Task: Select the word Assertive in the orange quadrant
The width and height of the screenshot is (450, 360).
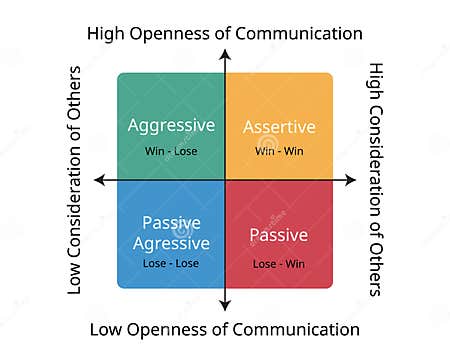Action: pyautogui.click(x=279, y=127)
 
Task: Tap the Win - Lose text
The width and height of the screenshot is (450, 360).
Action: pyautogui.click(x=172, y=151)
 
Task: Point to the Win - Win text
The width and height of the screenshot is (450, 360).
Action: pyautogui.click(x=279, y=151)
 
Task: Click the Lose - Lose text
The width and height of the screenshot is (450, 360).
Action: pyautogui.click(x=172, y=264)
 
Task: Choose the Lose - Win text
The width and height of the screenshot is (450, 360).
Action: pyautogui.click(x=279, y=264)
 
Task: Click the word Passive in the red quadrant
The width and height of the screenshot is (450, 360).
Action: pyautogui.click(x=279, y=236)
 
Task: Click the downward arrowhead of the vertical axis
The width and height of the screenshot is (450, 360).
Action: pyautogui.click(x=225, y=308)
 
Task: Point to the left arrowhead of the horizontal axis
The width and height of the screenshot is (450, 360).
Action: pyautogui.click(x=98, y=180)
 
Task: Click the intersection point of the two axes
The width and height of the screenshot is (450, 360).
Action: pyautogui.click(x=225, y=180)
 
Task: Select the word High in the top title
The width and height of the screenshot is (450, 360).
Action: pyautogui.click(x=107, y=33)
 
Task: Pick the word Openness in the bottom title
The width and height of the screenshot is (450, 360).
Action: pyautogui.click(x=177, y=329)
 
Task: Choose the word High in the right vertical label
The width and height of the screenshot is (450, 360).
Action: pyautogui.click(x=376, y=83)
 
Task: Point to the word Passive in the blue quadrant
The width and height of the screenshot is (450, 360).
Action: pyautogui.click(x=172, y=222)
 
